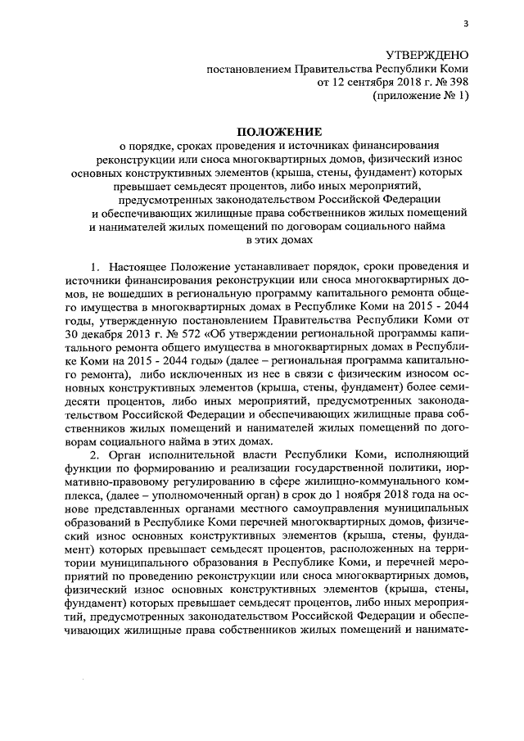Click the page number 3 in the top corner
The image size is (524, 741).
(464, 22)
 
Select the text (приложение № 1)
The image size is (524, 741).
(422, 97)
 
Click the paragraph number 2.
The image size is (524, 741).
(94, 455)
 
